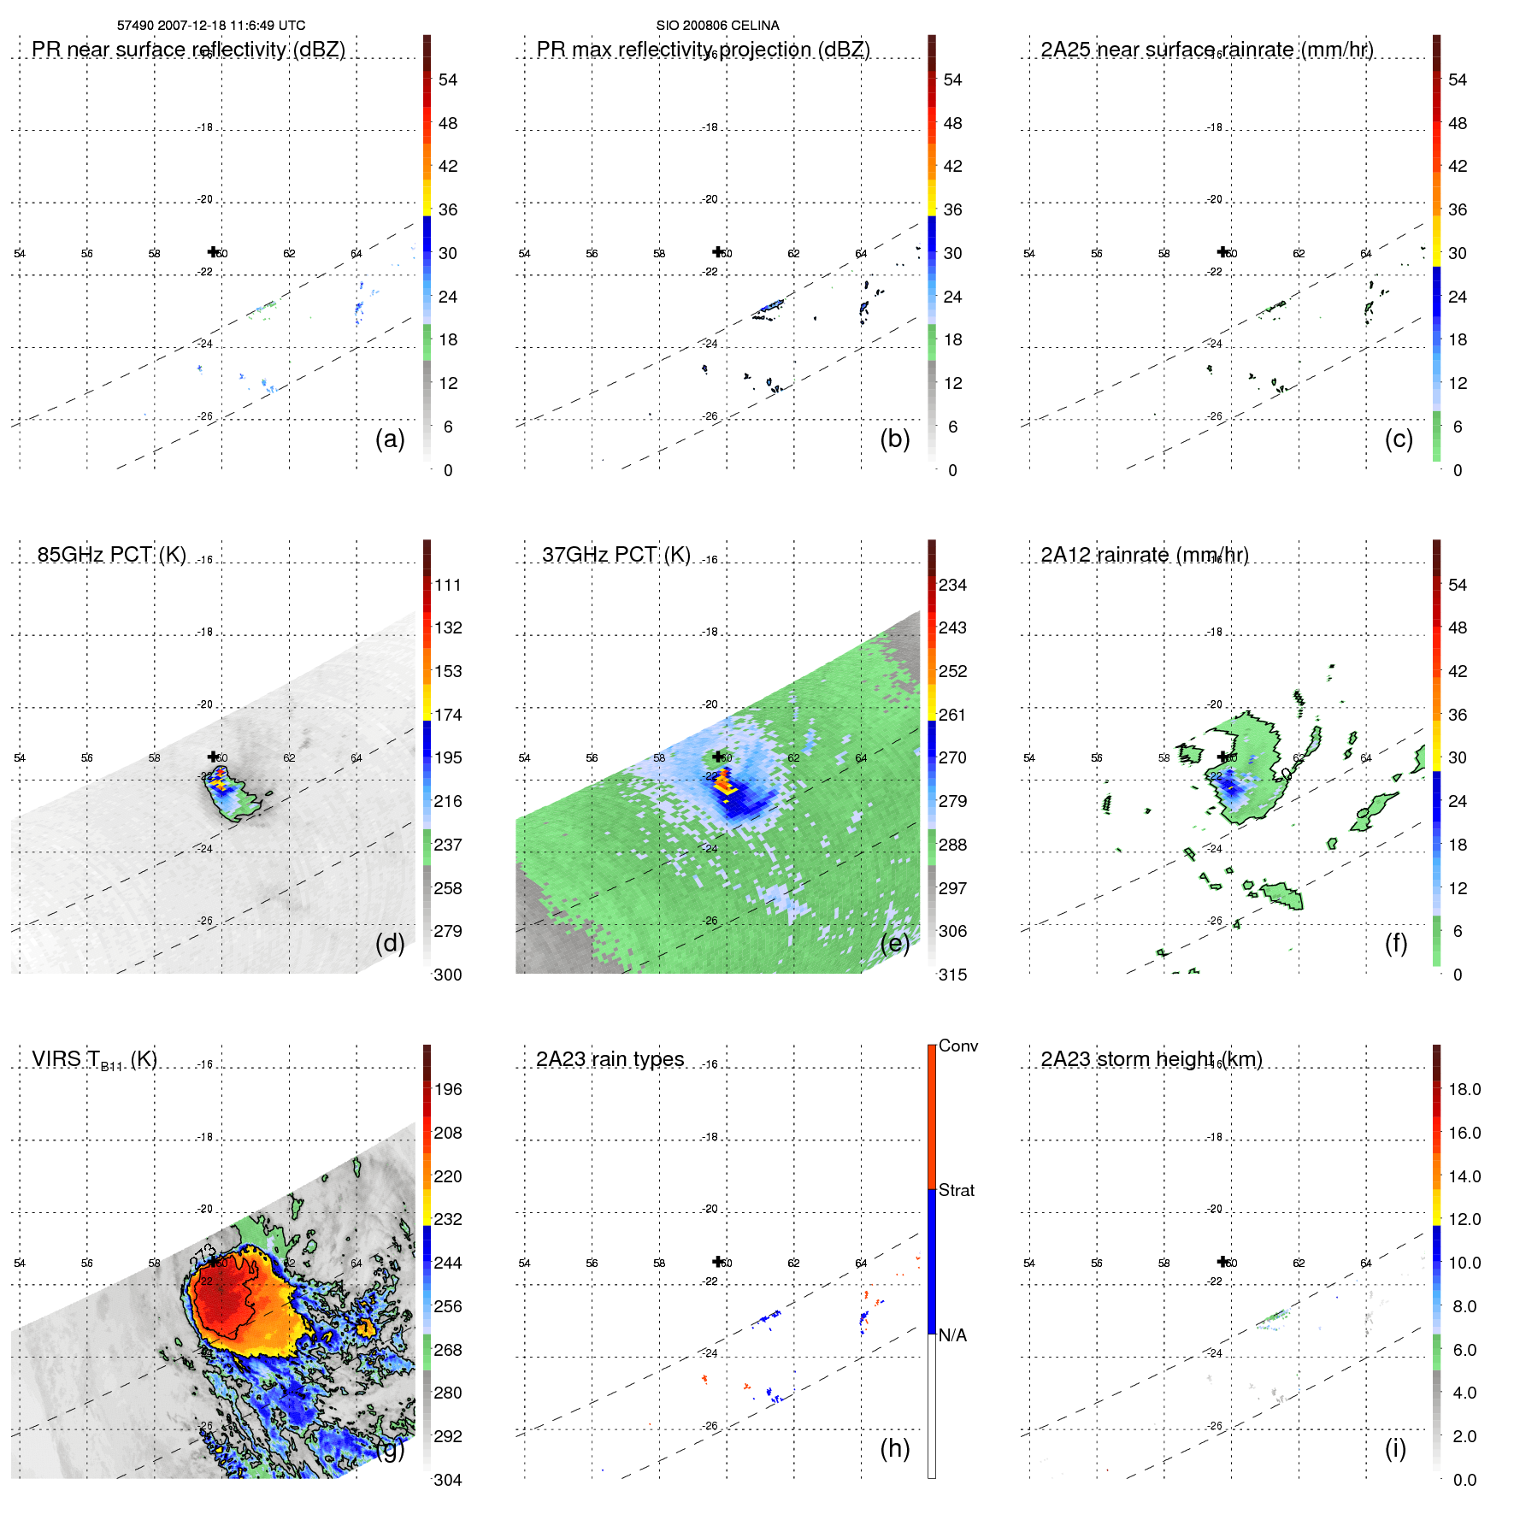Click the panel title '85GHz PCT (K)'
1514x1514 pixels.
111,555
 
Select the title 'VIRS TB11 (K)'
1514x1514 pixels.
94,1060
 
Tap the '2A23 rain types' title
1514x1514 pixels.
610,1059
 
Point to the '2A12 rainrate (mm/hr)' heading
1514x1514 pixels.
1144,555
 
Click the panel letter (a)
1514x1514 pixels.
390,439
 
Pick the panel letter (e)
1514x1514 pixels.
894,943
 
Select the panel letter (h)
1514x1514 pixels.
894,1447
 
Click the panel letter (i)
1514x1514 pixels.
1395,1447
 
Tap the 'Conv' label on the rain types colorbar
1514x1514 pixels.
957,1046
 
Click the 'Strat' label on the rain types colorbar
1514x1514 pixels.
956,1190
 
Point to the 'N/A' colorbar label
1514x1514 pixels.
952,1335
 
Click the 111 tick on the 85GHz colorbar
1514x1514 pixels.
447,585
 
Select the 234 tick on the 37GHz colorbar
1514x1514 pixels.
952,585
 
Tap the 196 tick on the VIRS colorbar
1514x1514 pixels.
447,1089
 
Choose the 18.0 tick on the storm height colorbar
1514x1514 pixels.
1464,1089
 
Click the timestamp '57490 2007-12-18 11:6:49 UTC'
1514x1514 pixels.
211,26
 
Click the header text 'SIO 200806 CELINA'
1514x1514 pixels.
717,26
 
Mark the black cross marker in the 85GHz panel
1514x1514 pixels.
213,757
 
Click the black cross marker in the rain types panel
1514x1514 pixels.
718,1261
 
